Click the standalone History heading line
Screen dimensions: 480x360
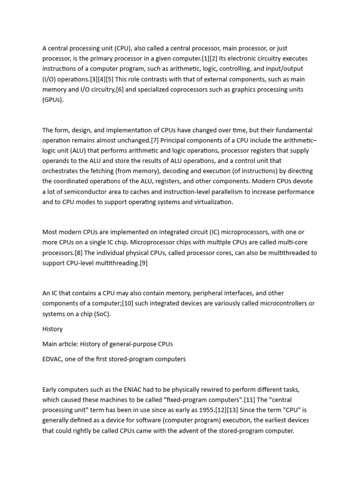pos(52,329)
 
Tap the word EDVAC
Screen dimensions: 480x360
pos(52,359)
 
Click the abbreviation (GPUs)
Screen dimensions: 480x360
pos(52,99)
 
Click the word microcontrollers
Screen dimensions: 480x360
pos(273,303)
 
